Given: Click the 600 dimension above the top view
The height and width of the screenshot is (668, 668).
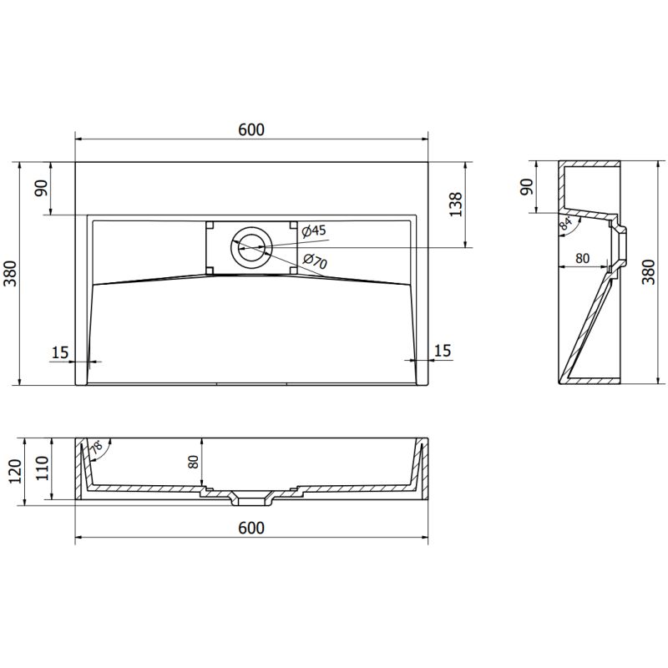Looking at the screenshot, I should [x=250, y=129].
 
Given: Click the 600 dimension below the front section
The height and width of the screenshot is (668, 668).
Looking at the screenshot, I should [x=250, y=528].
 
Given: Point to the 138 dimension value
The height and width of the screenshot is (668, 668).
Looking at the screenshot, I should [x=455, y=204].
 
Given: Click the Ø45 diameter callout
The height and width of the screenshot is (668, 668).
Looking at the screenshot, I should [x=313, y=230].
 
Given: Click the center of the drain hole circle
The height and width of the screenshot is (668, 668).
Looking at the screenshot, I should [x=251, y=246].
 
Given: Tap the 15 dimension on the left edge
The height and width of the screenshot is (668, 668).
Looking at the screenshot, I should [x=59, y=352].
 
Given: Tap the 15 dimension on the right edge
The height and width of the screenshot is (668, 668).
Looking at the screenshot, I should [x=443, y=351].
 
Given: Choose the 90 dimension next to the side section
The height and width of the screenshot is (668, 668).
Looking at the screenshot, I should [x=525, y=186].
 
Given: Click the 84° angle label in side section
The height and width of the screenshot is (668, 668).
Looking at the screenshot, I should [x=567, y=223].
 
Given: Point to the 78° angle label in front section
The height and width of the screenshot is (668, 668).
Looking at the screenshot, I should [x=99, y=448].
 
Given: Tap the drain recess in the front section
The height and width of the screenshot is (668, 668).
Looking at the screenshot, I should [x=251, y=499].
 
